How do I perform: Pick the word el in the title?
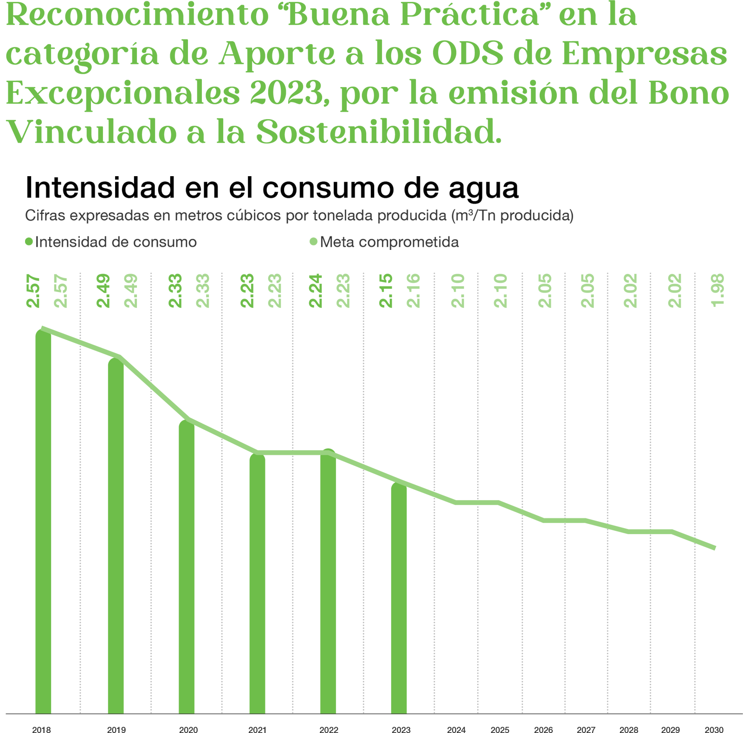pos(241,188)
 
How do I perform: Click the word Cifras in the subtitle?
pos(45,216)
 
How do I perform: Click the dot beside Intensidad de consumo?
pos(29,242)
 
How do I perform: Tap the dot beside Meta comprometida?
pos(314,242)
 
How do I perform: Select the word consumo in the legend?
pos(164,242)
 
